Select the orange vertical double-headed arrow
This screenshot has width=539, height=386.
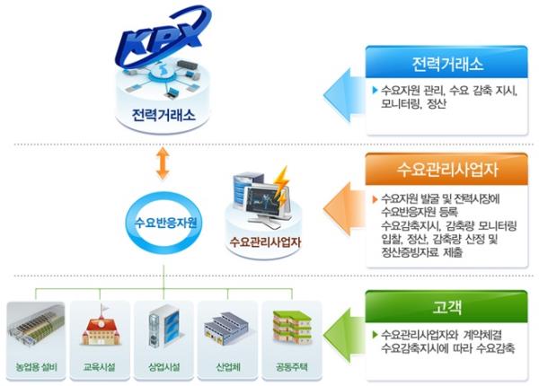162,164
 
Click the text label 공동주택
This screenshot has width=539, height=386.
289,369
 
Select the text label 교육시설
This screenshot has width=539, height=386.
98,369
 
